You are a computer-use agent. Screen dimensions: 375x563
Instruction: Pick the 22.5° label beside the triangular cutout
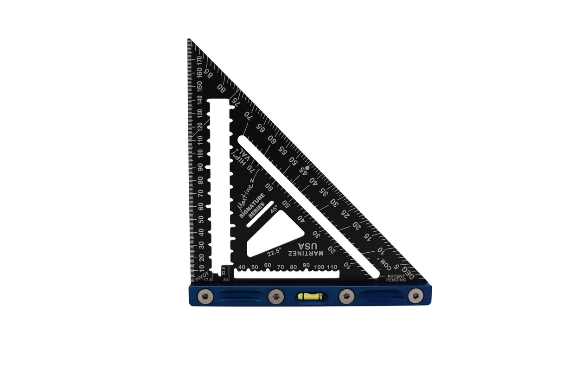(274, 253)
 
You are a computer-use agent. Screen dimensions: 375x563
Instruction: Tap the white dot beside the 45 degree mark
(307, 167)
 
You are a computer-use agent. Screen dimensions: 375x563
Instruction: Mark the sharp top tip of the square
(189, 40)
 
